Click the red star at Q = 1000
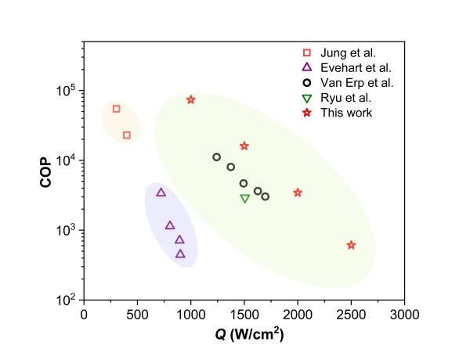click(x=191, y=99)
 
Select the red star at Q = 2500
click(x=351, y=245)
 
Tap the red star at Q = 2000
click(x=298, y=193)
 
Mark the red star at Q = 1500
click(x=244, y=146)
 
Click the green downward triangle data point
click(x=245, y=198)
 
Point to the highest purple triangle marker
click(x=161, y=193)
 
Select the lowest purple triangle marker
click(x=180, y=254)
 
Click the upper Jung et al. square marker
click(x=117, y=109)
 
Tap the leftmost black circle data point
click(x=217, y=157)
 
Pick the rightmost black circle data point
click(x=266, y=196)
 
